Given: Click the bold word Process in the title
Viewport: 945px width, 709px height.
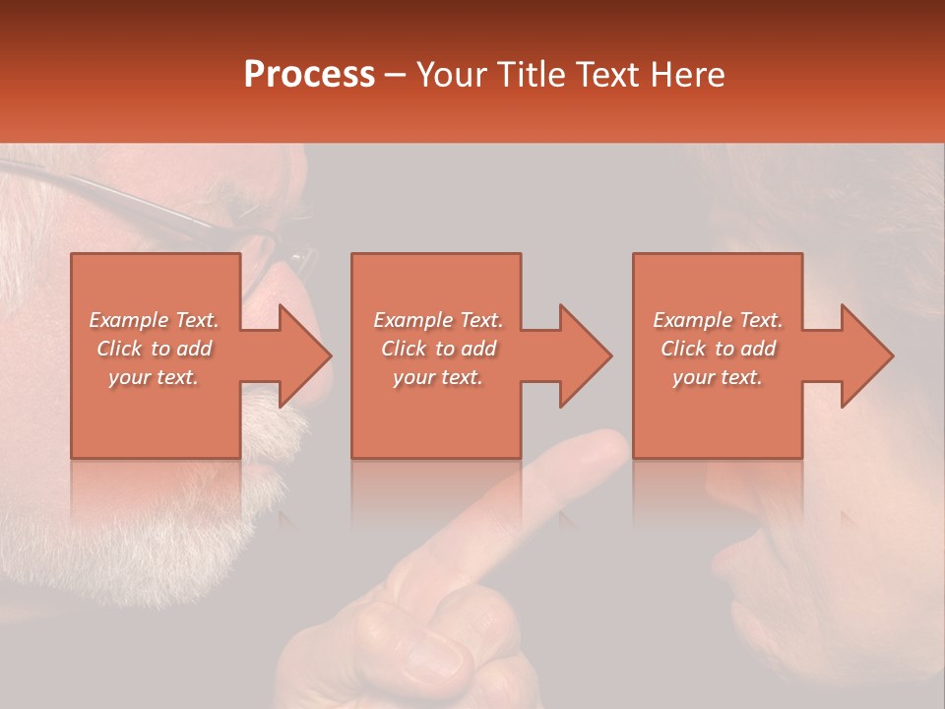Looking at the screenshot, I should (309, 75).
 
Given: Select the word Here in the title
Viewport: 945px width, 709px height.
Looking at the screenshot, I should (686, 75).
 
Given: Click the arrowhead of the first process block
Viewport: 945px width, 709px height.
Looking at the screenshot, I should (305, 355).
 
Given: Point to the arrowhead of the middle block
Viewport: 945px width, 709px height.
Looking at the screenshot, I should (586, 355).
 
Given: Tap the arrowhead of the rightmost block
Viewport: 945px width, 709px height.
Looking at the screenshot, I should (867, 355).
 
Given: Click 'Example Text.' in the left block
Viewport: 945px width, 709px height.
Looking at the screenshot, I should (154, 320).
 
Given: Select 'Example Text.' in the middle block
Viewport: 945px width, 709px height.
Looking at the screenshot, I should (437, 320).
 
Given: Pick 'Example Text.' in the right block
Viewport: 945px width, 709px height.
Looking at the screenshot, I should (718, 320).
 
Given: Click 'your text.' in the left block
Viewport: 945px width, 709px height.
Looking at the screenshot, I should (154, 377).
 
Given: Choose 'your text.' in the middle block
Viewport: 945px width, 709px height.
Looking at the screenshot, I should (437, 377).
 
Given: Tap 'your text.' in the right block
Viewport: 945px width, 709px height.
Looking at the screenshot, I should (718, 377).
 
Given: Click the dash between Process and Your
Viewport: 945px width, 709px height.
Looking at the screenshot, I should (396, 75).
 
